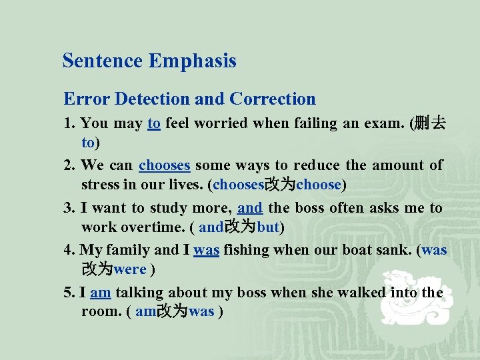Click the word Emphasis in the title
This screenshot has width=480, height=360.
[193, 61]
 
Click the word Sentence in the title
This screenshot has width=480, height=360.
[102, 61]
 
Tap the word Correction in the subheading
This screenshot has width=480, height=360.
[273, 99]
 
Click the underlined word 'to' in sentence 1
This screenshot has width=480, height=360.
[154, 123]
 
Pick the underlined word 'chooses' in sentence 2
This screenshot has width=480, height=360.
[165, 165]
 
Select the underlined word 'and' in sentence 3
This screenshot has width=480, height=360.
[250, 208]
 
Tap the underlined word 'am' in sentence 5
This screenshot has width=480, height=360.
[100, 293]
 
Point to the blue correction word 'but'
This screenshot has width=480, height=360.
[268, 227]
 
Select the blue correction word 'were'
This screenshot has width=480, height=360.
[131, 270]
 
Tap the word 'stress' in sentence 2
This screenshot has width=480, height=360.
[99, 184]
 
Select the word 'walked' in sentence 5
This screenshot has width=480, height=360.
[361, 293]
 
